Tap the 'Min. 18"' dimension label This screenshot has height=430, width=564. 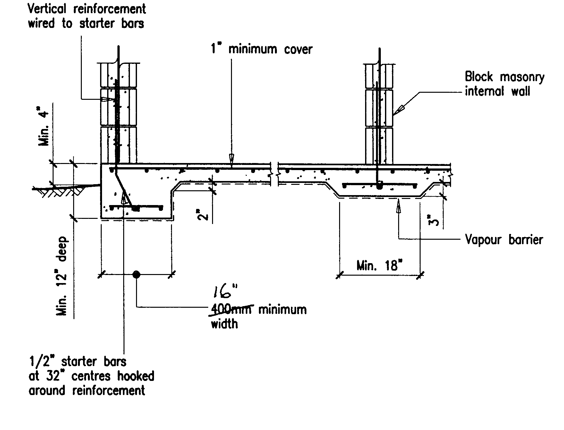coord(379,266)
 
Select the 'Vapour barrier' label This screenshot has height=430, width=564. coord(504,240)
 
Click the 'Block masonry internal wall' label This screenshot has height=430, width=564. coord(504,84)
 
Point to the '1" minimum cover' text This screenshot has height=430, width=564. coord(261,49)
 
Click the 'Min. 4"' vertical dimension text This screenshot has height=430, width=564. coord(44,128)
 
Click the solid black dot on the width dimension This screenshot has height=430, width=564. coord(136,274)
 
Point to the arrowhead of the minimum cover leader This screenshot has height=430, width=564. coord(231,159)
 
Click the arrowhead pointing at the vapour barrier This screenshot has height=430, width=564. coord(398,206)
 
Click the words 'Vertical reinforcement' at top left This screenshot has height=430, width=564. coord(87,9)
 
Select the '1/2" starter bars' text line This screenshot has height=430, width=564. coord(78,362)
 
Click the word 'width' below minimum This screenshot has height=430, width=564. coord(224,324)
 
